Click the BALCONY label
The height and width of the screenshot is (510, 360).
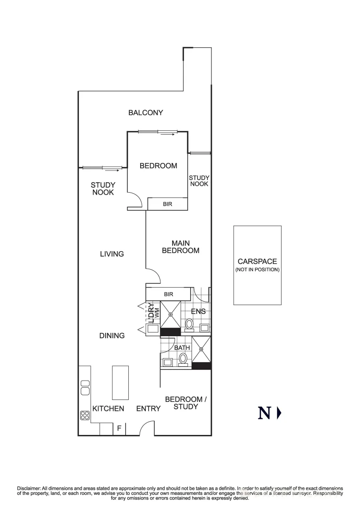(x=146, y=113)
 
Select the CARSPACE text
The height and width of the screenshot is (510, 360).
(x=257, y=261)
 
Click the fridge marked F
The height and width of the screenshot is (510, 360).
(x=119, y=429)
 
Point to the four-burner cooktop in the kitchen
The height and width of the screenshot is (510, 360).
(x=85, y=415)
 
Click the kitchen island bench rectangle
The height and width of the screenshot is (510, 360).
(x=120, y=382)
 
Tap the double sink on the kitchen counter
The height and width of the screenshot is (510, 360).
(x=85, y=388)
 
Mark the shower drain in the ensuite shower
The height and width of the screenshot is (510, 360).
(x=171, y=314)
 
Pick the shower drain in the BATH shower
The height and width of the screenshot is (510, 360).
(x=201, y=349)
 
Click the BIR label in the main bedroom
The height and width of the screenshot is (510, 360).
(x=168, y=294)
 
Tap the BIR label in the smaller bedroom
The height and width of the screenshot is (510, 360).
(x=167, y=204)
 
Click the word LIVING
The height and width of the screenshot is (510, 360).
(x=112, y=254)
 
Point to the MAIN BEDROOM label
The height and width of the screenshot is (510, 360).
(x=180, y=247)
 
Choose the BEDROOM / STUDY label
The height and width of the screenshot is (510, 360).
(x=185, y=403)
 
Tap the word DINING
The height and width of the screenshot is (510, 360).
(x=112, y=336)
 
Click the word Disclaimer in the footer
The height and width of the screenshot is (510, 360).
(x=29, y=488)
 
